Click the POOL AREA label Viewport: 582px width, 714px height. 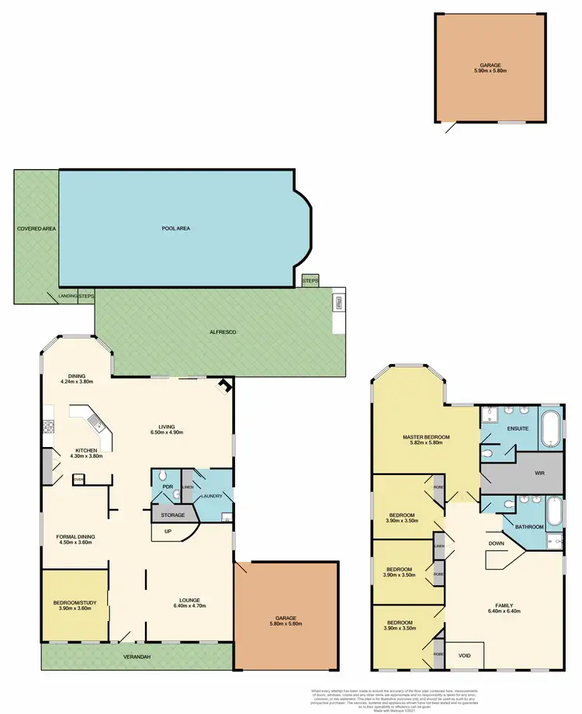point(175,228)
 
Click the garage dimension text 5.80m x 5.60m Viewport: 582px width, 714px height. point(286,623)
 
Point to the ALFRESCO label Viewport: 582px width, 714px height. point(223,331)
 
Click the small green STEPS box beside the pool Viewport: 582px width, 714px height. point(310,279)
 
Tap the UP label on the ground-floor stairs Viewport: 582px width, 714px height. point(167,532)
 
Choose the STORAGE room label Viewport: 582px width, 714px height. point(173,515)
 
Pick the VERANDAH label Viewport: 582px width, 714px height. point(137,657)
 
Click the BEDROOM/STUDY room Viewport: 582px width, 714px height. point(74,605)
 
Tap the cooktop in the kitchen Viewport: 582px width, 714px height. point(48,425)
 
